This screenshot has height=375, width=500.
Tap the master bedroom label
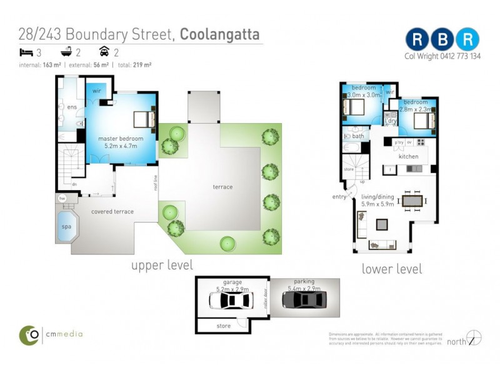[121, 138]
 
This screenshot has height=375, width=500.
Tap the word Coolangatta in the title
[219, 34]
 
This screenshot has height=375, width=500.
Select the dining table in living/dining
[412, 201]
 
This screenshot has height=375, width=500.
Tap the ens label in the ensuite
[72, 107]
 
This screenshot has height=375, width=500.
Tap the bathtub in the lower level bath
[351, 148]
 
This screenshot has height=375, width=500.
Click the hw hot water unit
[62, 199]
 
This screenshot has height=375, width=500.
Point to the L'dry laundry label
[391, 121]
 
